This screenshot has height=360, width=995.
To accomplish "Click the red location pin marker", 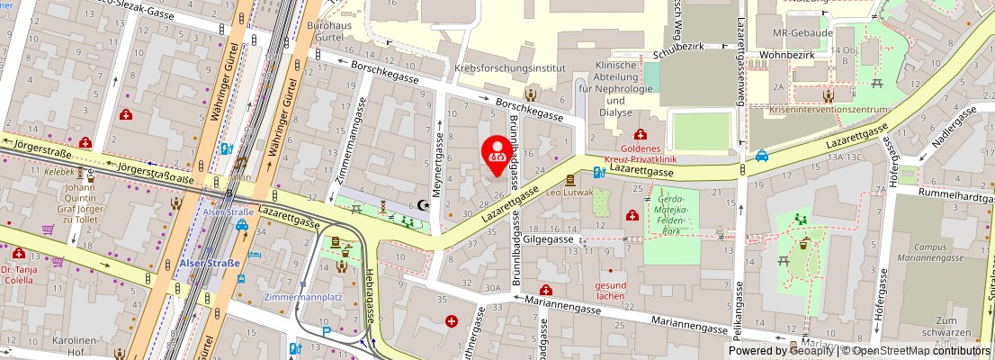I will coord(495,151).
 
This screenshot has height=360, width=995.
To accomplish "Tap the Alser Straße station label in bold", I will coord(209,264).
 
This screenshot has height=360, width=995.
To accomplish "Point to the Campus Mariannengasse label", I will coord(937,252).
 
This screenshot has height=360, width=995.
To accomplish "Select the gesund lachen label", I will coord(611,291).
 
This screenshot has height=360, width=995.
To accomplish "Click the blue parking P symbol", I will coord(326,330).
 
